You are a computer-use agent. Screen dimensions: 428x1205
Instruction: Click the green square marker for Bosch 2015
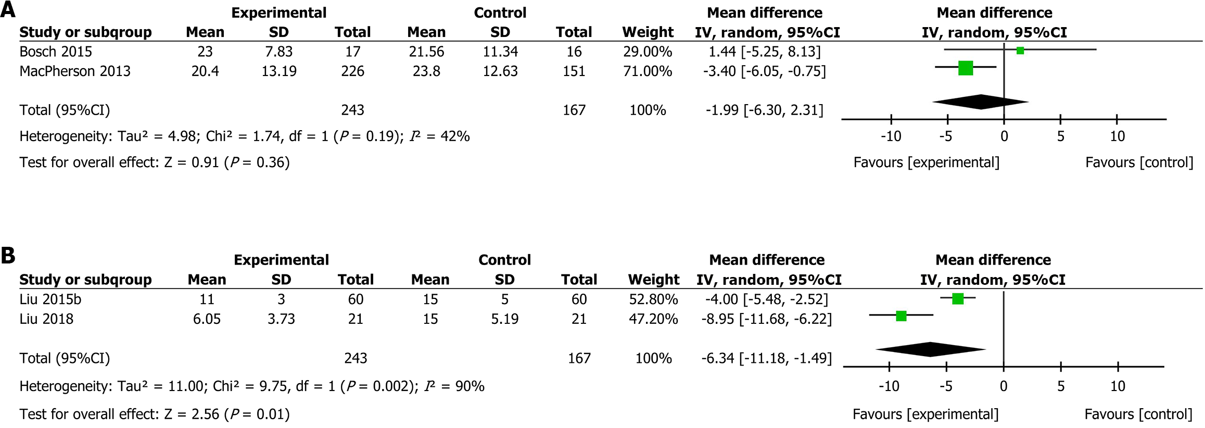coord(1020,51)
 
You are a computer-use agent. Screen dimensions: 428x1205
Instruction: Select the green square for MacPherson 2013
coord(966,68)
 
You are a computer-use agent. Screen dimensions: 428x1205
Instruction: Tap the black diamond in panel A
coord(981,102)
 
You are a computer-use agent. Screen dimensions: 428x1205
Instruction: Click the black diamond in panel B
coord(931,349)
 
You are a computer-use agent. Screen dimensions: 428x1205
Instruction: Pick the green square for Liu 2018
coord(902,316)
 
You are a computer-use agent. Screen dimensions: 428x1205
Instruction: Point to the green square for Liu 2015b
coord(958,298)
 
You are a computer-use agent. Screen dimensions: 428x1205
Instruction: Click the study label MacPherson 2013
coord(75,71)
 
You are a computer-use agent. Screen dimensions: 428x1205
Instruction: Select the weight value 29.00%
coord(648,52)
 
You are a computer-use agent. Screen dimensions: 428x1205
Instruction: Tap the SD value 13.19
coord(279,71)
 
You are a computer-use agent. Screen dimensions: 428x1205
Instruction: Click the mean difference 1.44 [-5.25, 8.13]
coord(764,52)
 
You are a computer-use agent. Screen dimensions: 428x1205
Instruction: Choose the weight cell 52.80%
coord(653,299)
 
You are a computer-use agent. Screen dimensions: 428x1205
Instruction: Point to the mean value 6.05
coord(207,319)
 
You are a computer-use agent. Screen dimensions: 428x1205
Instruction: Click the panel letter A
coord(7,9)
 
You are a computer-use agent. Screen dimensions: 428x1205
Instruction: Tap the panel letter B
coord(7,256)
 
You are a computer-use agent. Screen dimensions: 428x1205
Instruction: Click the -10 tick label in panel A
coord(891,136)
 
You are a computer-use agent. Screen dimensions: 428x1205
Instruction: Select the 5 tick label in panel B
coord(1061,386)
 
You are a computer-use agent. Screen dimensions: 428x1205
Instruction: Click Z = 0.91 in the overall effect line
coord(192,162)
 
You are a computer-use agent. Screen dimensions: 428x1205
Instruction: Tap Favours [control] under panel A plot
coord(1139,162)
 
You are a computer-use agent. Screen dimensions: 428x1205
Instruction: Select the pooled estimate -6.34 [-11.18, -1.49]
coord(766,358)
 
